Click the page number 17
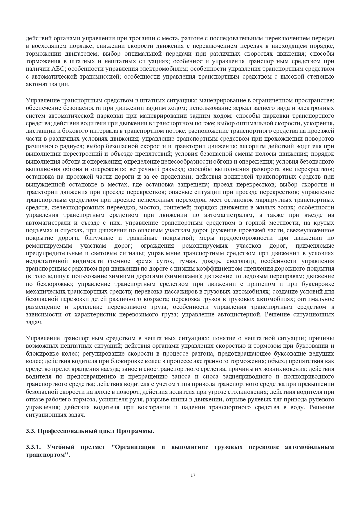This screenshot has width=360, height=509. [193, 475]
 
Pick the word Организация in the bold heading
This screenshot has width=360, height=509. [134, 447]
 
